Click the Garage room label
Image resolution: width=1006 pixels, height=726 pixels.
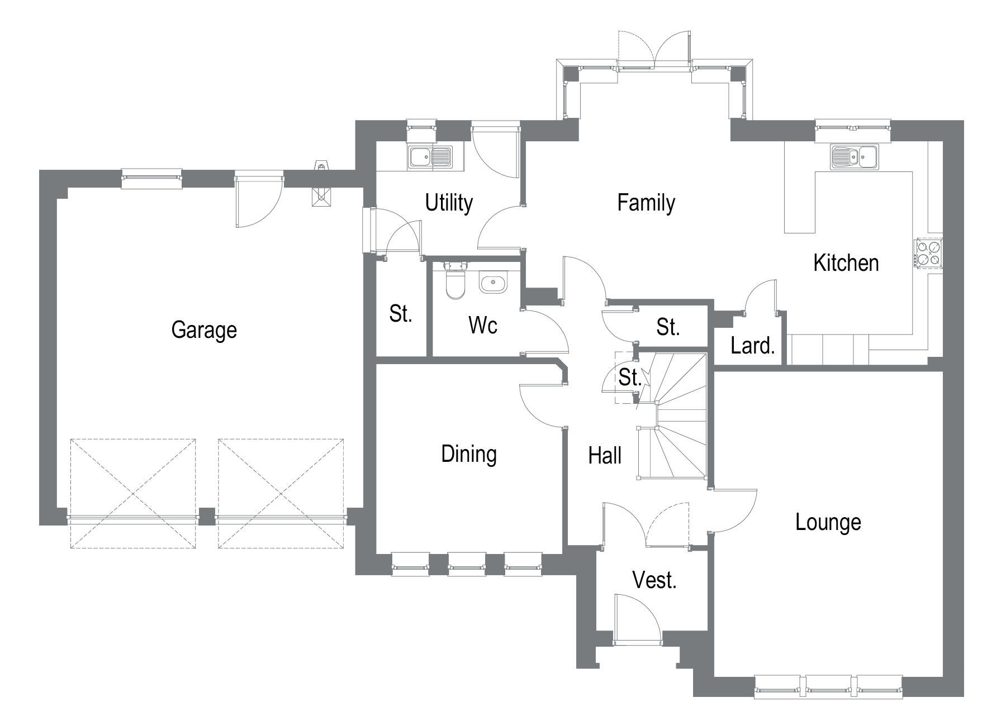pos(204,330)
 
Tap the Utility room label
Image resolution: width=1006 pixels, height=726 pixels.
pos(449,203)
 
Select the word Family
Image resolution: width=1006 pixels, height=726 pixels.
pos(646,202)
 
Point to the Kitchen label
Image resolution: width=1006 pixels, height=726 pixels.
pos(846,263)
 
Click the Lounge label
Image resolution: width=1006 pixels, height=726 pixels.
pos(828,523)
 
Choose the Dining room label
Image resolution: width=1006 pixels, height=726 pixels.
pos(468,454)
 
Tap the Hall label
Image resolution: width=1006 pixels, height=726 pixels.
pos(605,456)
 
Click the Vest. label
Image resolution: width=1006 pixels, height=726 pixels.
pos(654,581)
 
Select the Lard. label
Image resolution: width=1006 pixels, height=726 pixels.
pos(752,346)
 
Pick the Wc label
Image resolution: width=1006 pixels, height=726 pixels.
pos(483,326)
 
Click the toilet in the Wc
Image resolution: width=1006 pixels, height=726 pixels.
pos(455,282)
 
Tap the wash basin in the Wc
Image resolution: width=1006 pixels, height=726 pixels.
pos(493,283)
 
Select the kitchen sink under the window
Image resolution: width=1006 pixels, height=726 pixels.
pos(854,156)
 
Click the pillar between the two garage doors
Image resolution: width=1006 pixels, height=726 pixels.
pos(207,517)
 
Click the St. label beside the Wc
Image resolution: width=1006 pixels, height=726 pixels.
pos(401,314)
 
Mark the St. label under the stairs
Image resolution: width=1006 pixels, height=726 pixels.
pos(629,378)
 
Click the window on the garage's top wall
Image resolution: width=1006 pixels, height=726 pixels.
pos(152,177)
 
